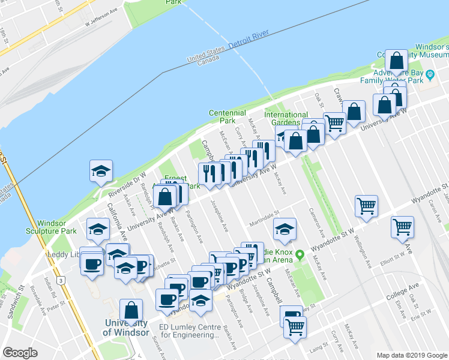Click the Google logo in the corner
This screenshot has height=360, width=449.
20,353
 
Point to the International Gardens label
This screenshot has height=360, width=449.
286,119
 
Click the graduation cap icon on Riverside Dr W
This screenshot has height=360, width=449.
101,172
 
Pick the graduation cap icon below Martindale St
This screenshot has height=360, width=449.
285,229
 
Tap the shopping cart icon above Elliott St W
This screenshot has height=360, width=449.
402,227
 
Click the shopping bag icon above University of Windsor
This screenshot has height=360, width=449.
131,311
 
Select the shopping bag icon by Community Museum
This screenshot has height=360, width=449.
396,60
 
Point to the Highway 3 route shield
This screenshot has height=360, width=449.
61,280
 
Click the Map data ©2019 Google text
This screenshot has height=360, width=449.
411,355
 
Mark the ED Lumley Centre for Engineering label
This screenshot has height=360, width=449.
188,331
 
